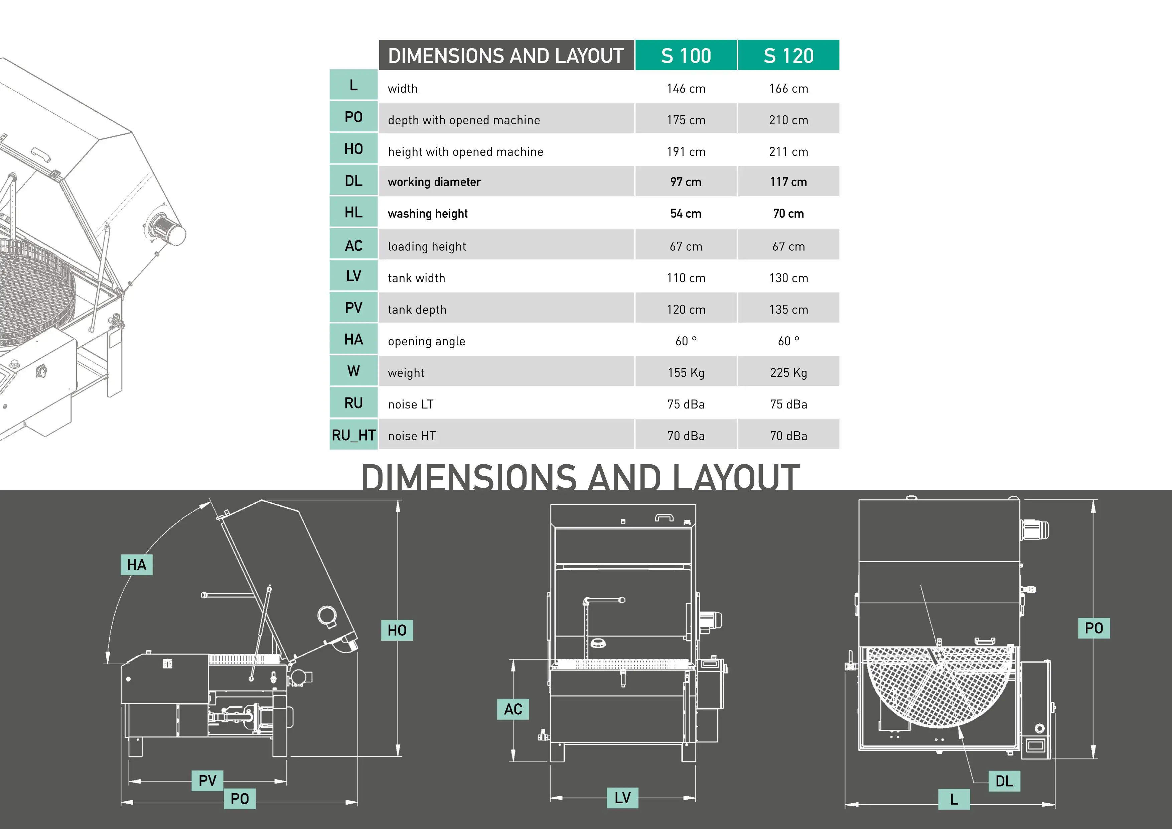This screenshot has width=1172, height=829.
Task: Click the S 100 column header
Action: (686, 55)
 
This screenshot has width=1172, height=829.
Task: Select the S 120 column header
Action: (788, 55)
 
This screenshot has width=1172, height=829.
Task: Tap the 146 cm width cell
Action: (686, 88)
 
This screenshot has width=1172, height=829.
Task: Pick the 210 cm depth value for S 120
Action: (788, 120)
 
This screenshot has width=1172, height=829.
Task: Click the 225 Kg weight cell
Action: (788, 372)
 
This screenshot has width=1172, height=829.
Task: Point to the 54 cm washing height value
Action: (686, 214)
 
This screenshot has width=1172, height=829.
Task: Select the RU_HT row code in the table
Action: (353, 435)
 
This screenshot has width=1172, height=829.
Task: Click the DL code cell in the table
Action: (353, 181)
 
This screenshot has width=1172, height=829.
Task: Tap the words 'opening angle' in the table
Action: (426, 341)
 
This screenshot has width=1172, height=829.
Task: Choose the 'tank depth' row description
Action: (417, 310)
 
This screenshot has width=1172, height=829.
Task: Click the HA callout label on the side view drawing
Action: (136, 564)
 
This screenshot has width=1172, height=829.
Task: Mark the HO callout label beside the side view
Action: (397, 630)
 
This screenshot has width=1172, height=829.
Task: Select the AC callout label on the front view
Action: (512, 709)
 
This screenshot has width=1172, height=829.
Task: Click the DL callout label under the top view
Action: (1004, 781)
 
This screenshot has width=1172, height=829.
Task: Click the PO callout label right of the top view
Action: (1093, 628)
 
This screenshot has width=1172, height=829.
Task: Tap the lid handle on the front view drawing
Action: (664, 517)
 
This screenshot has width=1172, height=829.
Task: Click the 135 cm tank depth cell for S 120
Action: (788, 310)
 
